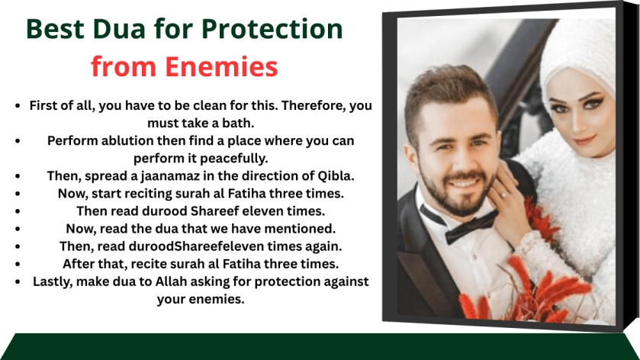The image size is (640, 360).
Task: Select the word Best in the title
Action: tap(56, 30)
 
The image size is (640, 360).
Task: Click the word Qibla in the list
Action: tap(336, 175)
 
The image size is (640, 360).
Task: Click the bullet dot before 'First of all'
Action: tap(18, 106)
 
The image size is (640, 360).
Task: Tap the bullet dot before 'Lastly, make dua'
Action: tap(18, 281)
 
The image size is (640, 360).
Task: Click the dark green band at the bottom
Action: tap(320, 346)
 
